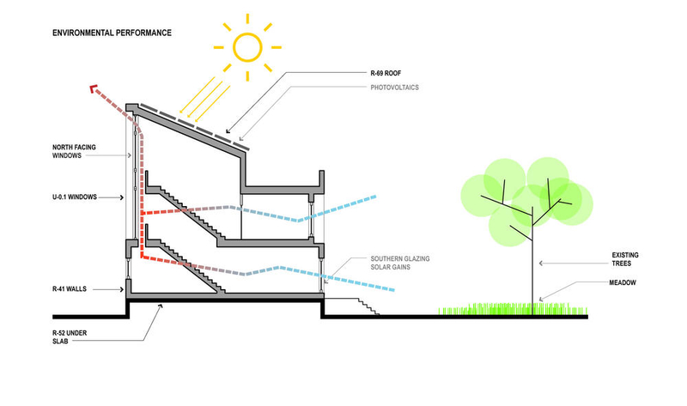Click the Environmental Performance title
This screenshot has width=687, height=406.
tap(112, 33)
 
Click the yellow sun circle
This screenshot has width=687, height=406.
tap(247, 46)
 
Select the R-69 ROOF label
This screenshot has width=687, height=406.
tap(390, 76)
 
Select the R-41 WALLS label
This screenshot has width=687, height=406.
tap(72, 290)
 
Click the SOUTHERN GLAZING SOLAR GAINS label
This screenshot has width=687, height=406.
tap(399, 264)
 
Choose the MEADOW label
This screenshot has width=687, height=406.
tap(624, 284)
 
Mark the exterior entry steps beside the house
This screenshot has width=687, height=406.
tap(365, 306)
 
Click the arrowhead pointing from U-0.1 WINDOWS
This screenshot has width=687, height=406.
tap(126, 197)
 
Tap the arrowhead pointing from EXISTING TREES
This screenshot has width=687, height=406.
tap(538, 264)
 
